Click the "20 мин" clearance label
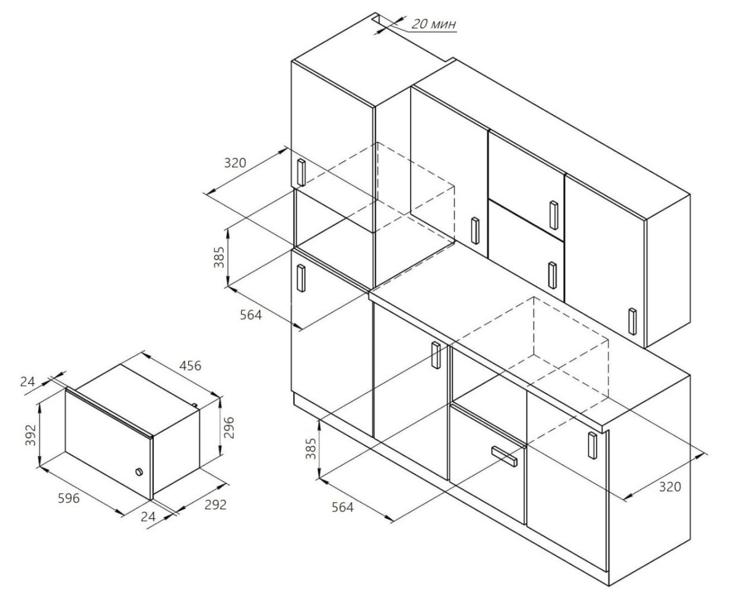(x=434, y=24)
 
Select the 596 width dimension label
(x=68, y=498)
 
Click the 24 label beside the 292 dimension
(x=148, y=517)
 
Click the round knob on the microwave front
(x=138, y=473)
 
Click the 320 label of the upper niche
(x=235, y=162)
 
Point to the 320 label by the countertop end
(x=669, y=487)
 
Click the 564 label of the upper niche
(x=250, y=315)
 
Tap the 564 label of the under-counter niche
(x=342, y=507)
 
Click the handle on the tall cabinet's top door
(x=300, y=173)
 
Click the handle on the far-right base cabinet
(x=592, y=446)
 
